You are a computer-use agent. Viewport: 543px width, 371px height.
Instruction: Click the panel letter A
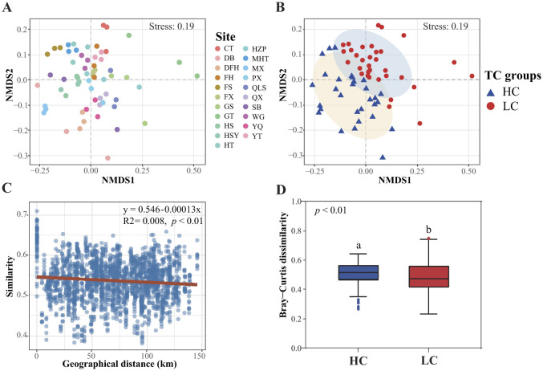click(x=6, y=8)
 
